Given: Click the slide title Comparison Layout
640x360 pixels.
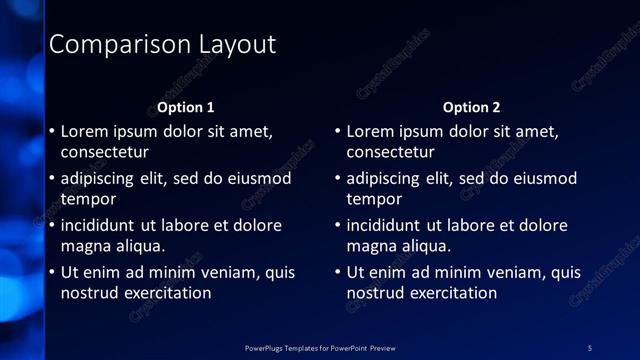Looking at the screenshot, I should (x=162, y=45).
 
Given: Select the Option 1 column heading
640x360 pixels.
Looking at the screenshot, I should (x=186, y=107).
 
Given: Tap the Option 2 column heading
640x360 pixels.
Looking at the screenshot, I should (x=471, y=107).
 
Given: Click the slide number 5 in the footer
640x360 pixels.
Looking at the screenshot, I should (x=590, y=348).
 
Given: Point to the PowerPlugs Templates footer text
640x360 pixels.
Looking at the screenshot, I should (x=320, y=348).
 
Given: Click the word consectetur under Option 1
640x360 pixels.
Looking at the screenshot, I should (x=105, y=152).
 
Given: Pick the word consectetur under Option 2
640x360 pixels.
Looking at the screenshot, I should (x=391, y=152).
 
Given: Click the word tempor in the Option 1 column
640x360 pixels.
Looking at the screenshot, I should (x=87, y=199).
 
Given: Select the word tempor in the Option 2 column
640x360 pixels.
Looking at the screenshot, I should (x=373, y=199).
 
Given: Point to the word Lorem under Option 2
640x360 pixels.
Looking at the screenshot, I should (x=370, y=131).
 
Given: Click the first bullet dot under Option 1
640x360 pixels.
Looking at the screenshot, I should (x=52, y=132).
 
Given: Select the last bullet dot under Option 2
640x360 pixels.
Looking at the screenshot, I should (x=338, y=273).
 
